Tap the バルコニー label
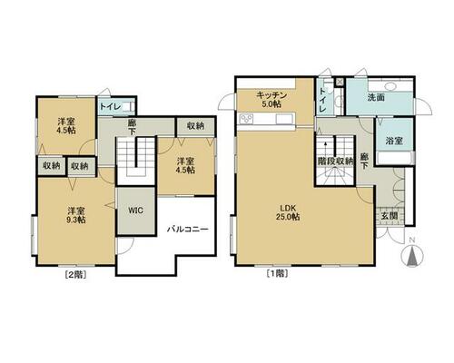[x=188, y=229]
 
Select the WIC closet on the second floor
[x=136, y=211]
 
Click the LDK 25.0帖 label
[x=288, y=212]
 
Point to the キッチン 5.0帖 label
[x=271, y=100]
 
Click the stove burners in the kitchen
[x=246, y=119]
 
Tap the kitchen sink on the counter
[x=284, y=119]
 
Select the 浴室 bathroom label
[x=394, y=141]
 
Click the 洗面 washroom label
[x=376, y=97]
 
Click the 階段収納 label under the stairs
[x=335, y=161]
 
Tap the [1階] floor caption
[x=277, y=273]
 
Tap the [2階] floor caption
[x=76, y=274]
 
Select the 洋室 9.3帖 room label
[x=76, y=215]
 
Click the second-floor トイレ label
[x=111, y=106]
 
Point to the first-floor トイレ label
[x=322, y=100]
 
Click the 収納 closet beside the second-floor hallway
[x=195, y=126]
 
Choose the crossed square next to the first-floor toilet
[x=340, y=82]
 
